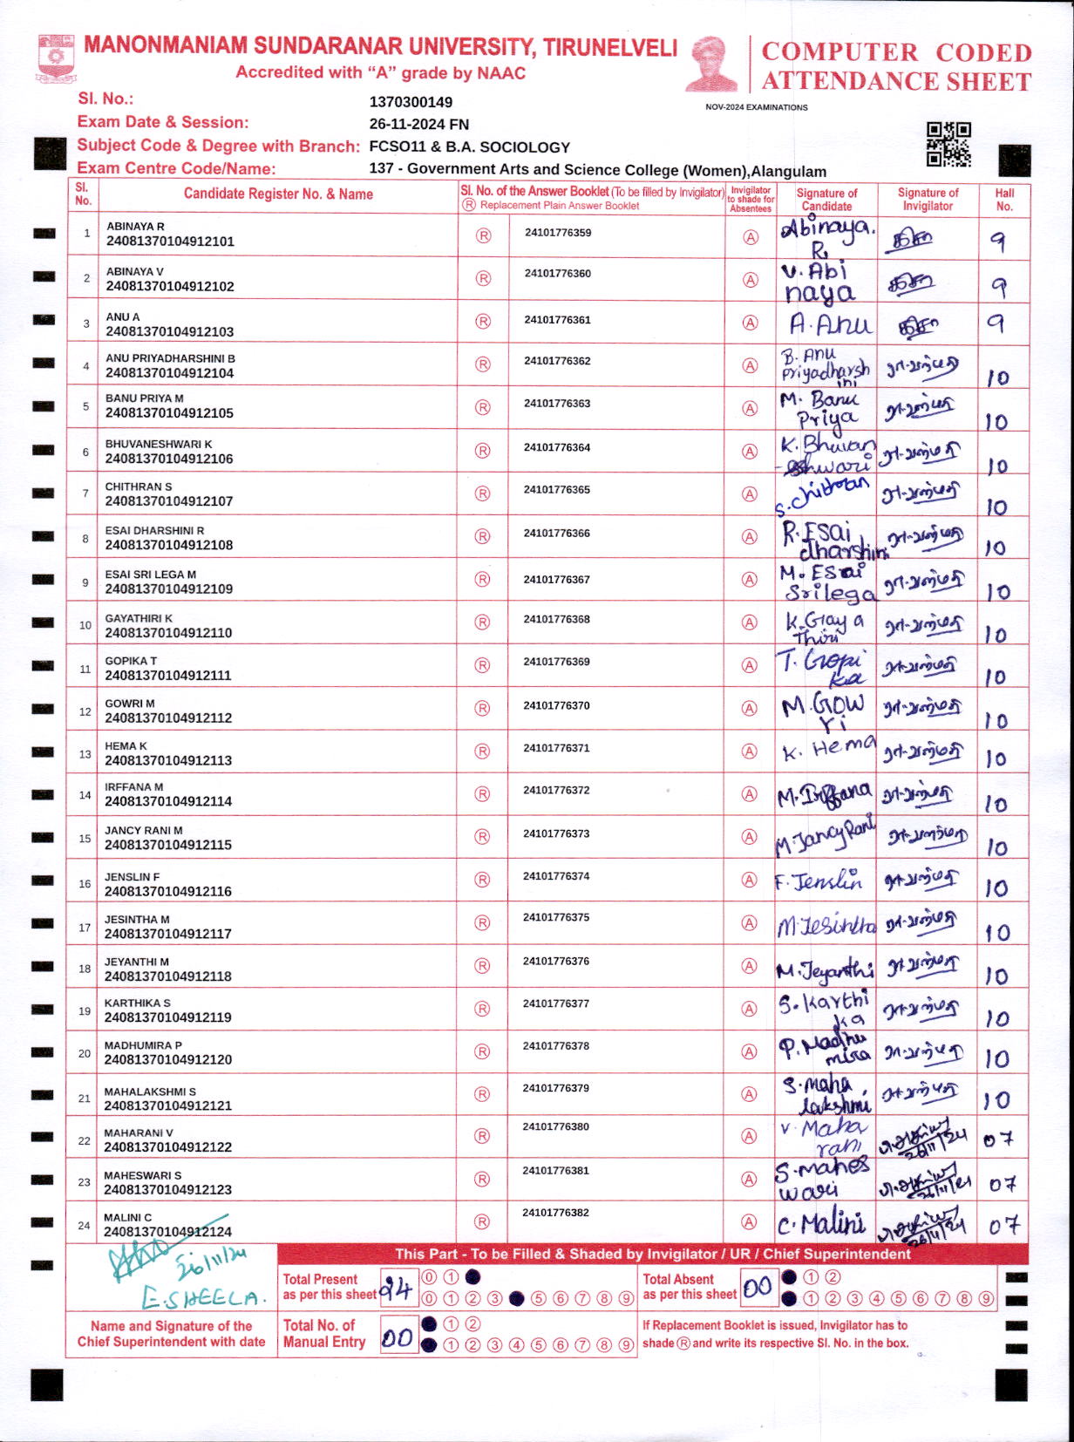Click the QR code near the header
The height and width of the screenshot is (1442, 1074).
pyautogui.click(x=948, y=144)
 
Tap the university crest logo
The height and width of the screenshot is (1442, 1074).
pyautogui.click(x=56, y=58)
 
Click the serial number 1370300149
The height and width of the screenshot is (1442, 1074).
pyautogui.click(x=411, y=102)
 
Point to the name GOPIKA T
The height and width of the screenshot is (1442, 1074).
pyautogui.click(x=131, y=661)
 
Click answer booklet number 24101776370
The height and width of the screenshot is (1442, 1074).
pyautogui.click(x=557, y=705)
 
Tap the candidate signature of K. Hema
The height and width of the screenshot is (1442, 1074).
pyautogui.click(x=826, y=749)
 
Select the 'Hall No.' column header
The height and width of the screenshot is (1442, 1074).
pyautogui.click(x=1004, y=200)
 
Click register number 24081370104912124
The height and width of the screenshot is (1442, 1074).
pyautogui.click(x=168, y=1232)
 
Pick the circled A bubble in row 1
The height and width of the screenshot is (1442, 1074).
pyautogui.click(x=750, y=236)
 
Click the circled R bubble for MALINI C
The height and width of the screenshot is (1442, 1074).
pyautogui.click(x=482, y=1222)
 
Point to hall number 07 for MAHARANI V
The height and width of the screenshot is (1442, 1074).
pyautogui.click(x=999, y=1139)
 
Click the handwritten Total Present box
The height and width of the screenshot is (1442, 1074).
pyautogui.click(x=397, y=1288)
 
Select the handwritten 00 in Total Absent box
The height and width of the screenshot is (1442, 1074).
pyautogui.click(x=758, y=1287)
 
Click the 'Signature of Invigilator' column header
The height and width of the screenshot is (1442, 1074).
pyautogui.click(x=928, y=200)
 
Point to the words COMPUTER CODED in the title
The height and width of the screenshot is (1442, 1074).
pyautogui.click(x=896, y=52)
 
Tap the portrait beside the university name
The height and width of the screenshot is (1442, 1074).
pyautogui.click(x=711, y=65)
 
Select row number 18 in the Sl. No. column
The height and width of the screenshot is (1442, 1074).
pyautogui.click(x=85, y=969)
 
